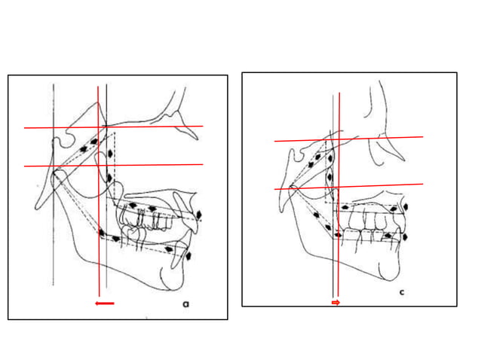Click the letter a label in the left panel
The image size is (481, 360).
pos(185,304)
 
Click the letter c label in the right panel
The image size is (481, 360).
pos(401,291)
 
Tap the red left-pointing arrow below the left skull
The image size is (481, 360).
pos(105,304)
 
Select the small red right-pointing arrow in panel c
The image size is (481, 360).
pos(336,302)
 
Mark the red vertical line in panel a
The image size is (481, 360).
pos(99,226)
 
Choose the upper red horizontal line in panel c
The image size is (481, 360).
pos(392,138)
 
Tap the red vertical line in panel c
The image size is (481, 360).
pos(340,249)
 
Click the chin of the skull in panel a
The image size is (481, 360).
pos(172,282)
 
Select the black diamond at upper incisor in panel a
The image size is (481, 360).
pos(199,216)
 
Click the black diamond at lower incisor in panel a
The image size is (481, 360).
pos(188,256)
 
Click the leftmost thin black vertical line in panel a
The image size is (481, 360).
pos(54,226)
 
